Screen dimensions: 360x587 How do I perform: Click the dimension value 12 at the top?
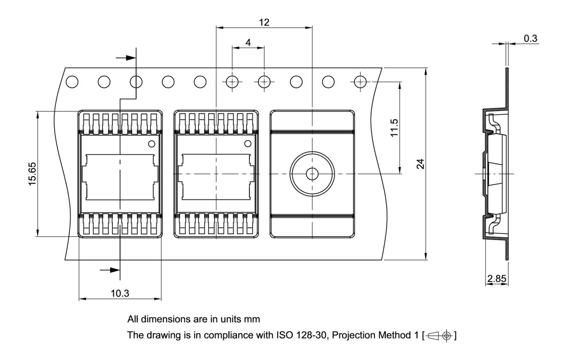264,22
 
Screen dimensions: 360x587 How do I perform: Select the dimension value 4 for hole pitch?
248,42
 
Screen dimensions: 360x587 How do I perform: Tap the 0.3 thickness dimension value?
531,39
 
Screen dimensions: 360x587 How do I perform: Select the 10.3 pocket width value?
120,294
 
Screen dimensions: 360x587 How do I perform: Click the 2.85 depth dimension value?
497,279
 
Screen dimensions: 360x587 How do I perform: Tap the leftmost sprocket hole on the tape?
72,82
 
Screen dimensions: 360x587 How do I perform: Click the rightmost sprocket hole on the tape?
360,82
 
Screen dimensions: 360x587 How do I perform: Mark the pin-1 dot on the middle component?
248,144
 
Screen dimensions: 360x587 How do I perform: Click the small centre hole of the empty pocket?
312,174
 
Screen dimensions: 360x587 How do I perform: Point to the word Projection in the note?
352,336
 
